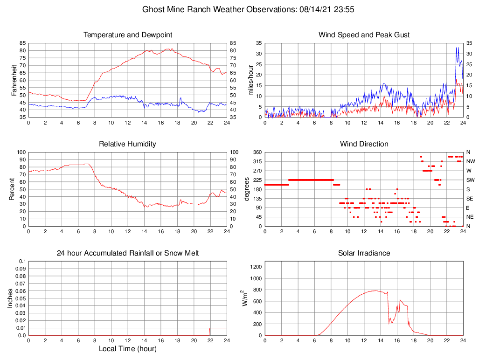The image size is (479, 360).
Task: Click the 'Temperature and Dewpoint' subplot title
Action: coord(128,35)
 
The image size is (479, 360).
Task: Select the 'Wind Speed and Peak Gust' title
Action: coord(364,35)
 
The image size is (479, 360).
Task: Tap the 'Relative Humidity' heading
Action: coord(128,144)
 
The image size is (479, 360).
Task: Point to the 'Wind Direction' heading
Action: coord(364,144)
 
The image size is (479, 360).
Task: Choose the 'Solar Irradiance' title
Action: coord(364,253)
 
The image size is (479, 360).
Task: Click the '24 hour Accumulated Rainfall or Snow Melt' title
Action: coord(128,253)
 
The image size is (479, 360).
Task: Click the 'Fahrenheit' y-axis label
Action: coord(14,80)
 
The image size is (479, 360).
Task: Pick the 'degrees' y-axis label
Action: coord(247,189)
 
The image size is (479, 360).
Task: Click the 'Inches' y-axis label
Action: coord(10,298)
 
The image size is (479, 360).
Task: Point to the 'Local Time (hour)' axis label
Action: coord(128,349)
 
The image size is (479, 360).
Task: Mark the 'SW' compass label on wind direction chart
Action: coord(471,180)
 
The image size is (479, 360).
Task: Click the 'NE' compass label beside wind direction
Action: coord(470,217)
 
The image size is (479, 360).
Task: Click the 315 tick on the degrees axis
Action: coord(257,161)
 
